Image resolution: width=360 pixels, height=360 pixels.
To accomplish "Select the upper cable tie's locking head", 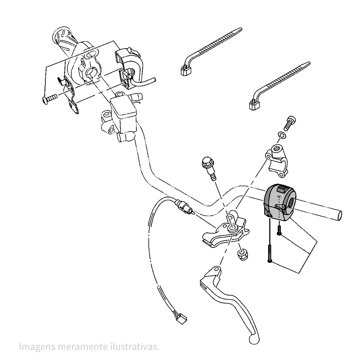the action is (185, 70).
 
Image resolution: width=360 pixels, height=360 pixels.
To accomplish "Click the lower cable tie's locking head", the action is (255, 105).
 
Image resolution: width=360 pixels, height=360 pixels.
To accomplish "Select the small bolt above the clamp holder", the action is (290, 123).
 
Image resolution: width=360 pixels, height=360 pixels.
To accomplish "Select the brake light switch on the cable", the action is (185, 207).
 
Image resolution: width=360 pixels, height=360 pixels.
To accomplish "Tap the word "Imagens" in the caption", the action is (37, 347).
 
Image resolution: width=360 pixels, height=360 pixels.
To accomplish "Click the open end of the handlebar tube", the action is (339, 216).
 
